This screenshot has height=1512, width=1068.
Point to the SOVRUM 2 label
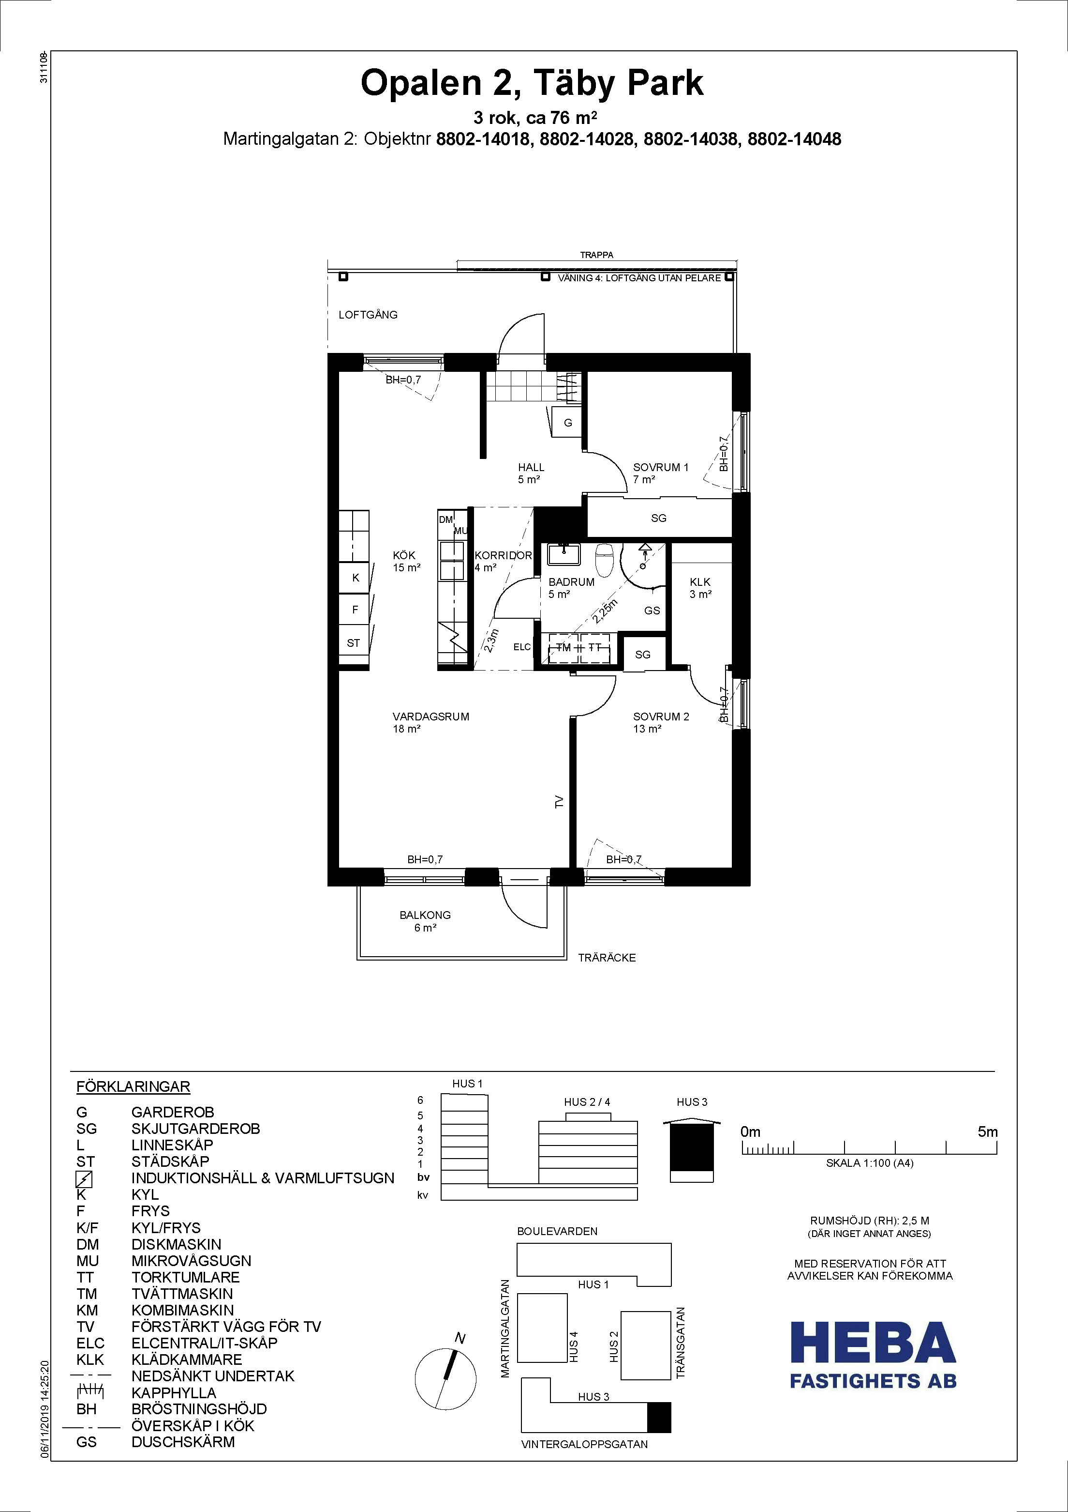click(661, 717)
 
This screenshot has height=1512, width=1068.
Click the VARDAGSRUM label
click(431, 717)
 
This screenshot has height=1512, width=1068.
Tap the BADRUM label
click(571, 582)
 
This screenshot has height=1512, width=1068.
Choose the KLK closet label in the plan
click(700, 582)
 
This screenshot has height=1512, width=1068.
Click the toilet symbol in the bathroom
click(604, 560)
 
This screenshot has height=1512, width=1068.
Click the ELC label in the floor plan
click(522, 647)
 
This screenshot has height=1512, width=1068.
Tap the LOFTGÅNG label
click(368, 315)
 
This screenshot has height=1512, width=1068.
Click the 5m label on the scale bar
click(988, 1132)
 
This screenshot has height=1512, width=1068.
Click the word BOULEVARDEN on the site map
click(557, 1231)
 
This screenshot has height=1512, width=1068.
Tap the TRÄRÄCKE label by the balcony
click(607, 958)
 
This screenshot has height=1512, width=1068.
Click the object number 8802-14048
click(794, 139)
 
